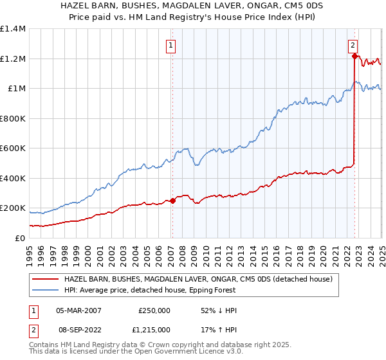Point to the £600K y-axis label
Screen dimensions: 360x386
tap(13, 148)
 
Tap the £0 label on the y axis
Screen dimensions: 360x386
tap(21, 238)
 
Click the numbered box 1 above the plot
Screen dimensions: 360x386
tap(172, 46)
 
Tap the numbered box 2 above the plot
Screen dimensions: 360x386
tap(353, 46)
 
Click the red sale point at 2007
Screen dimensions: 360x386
tap(172, 201)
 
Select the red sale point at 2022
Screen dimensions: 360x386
tap(354, 57)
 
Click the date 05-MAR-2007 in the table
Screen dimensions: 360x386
tap(78, 310)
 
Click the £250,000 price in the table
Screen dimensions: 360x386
tap(154, 310)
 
